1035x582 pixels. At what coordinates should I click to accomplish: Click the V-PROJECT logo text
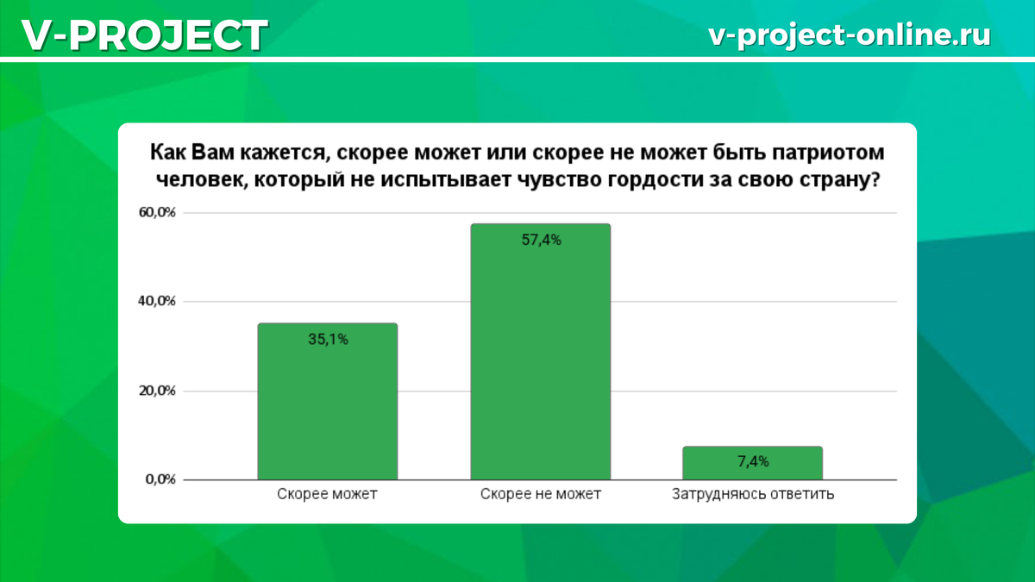145,34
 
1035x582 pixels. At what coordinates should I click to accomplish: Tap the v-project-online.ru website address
850,35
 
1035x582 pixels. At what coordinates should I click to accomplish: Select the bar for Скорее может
328,402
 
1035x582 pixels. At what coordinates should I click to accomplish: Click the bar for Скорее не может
541,352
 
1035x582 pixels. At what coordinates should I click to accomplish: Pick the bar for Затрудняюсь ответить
753,463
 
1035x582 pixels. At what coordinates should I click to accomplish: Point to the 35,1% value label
328,340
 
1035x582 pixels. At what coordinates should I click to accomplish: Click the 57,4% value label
541,240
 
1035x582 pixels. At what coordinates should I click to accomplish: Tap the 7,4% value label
753,461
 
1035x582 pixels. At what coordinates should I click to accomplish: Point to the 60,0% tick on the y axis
157,212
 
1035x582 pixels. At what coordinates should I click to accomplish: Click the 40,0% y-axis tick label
157,301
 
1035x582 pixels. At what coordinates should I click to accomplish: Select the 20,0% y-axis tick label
157,391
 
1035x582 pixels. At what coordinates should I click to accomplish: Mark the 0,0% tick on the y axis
160,479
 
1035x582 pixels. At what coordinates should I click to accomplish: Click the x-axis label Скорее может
327,494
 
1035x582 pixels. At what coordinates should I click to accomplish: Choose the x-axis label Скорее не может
541,494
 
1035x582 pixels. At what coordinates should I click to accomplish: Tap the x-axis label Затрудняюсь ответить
753,494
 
